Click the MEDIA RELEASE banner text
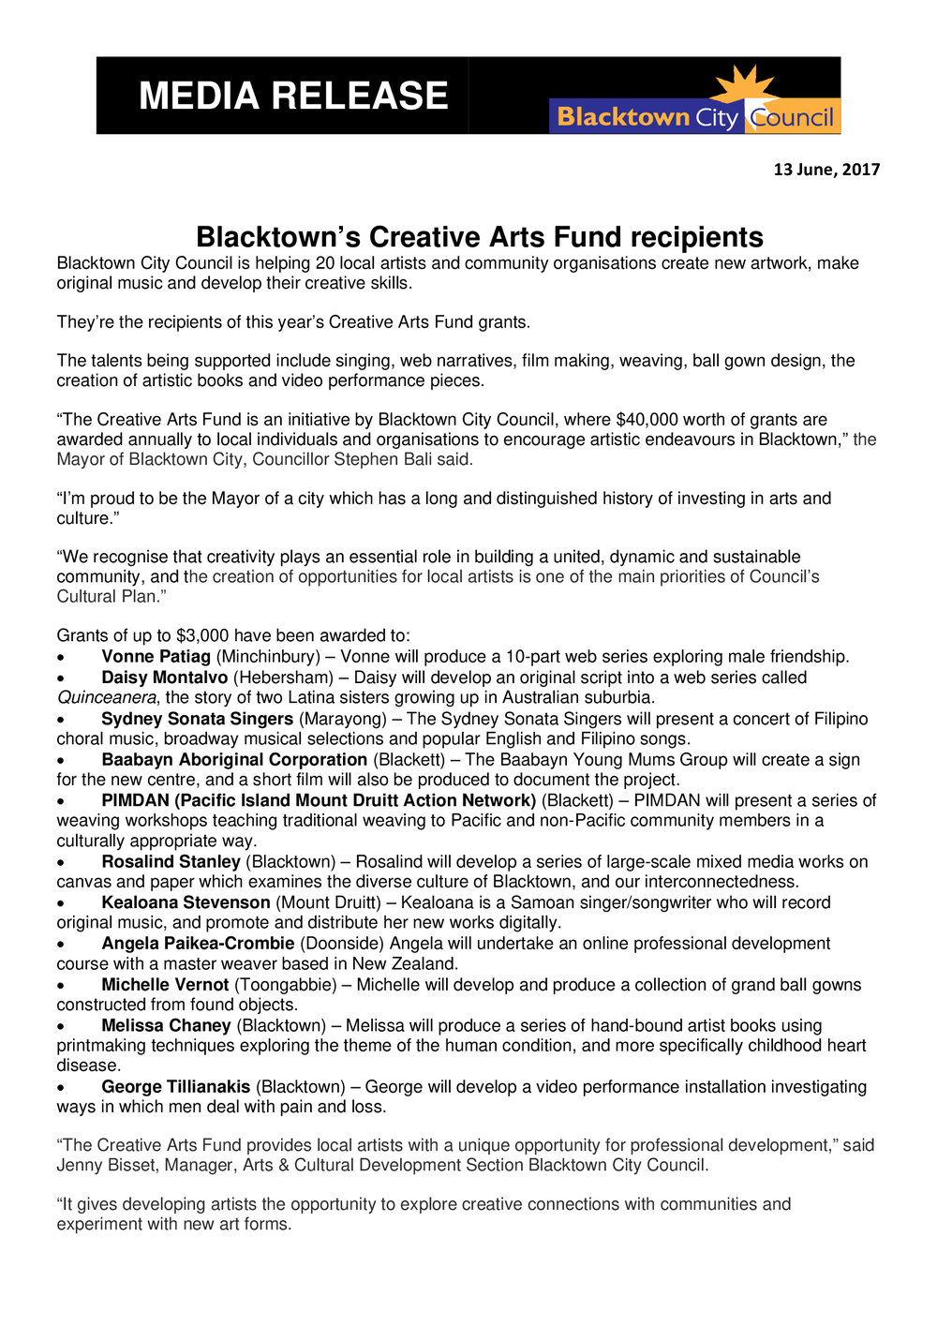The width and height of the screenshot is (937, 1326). click(293, 96)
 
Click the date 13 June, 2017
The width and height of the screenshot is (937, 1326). click(826, 170)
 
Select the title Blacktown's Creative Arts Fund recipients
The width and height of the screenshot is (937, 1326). click(479, 236)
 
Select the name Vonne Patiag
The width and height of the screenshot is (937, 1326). click(156, 656)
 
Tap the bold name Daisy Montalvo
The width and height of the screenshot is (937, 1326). click(164, 677)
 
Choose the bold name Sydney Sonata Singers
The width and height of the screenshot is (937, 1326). click(197, 719)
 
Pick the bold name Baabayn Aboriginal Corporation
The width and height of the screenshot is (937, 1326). click(234, 759)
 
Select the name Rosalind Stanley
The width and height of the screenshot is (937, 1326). click(171, 861)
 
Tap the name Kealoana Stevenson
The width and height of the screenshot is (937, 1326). click(186, 902)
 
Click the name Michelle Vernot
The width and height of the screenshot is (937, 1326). click(165, 984)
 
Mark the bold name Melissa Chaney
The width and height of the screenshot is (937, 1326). click(166, 1025)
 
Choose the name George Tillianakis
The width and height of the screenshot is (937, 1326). click(175, 1086)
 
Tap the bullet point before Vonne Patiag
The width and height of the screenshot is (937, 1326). click(61, 657)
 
